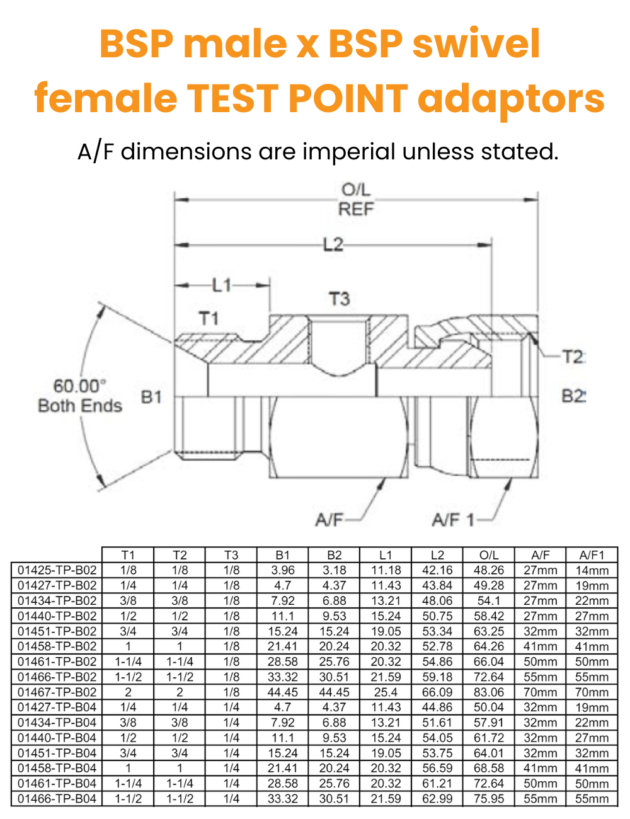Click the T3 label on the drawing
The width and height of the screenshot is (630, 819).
coord(339,299)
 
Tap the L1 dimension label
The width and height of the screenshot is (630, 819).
coord(222,285)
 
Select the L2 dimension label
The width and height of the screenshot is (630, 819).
coord(333,244)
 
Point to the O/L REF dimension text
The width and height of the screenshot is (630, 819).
coord(356,199)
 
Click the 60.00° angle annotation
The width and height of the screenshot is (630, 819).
coord(79,386)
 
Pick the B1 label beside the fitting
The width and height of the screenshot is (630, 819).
coord(151,397)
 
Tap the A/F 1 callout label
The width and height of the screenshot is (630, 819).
coord(453,520)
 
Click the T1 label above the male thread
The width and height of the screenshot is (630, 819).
coord(209,318)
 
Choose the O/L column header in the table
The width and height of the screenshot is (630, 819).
coord(489,555)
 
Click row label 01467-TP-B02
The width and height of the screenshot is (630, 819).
coord(57,692)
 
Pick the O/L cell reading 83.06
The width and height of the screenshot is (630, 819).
coord(489,692)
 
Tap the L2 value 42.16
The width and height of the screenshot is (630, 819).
coord(437,570)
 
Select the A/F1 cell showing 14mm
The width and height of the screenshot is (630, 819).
coord(592,570)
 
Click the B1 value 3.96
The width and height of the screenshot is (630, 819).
coord(283,570)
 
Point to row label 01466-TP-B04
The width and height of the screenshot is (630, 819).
coord(57,798)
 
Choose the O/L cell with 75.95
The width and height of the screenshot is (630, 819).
coord(489,798)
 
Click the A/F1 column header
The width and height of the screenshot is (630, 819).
coord(592,555)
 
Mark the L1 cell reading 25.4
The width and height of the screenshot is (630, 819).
coord(386,692)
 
